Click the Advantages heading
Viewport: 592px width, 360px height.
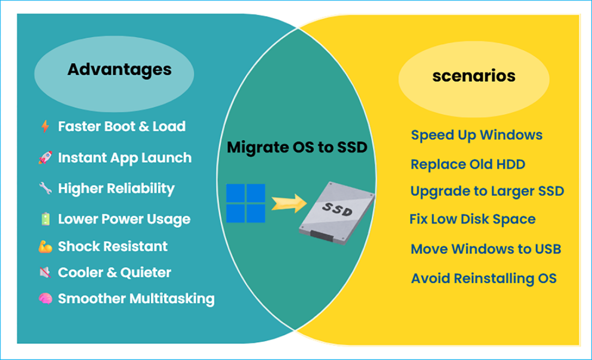[x=119, y=70]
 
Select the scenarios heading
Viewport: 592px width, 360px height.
[x=474, y=76]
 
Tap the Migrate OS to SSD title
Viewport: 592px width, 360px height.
[x=297, y=147]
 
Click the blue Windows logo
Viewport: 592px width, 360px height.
[x=246, y=203]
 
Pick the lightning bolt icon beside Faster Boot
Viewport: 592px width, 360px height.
[x=45, y=127]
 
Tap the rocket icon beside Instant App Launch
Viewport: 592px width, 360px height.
[x=45, y=158]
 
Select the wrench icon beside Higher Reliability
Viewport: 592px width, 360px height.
[x=45, y=188]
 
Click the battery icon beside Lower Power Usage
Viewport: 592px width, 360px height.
[x=45, y=219]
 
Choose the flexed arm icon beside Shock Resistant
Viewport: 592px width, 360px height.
[x=45, y=247]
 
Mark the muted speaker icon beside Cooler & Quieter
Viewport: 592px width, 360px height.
[x=45, y=273]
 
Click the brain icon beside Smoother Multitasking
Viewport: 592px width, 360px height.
[x=45, y=299]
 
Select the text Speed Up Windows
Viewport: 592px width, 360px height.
[x=477, y=135]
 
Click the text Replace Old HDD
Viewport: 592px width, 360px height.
[x=468, y=164]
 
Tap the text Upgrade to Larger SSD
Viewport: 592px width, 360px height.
[x=487, y=191]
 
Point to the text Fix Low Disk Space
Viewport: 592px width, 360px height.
[x=472, y=219]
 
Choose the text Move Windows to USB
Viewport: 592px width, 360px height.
[x=485, y=249]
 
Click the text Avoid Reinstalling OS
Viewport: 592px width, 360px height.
[x=483, y=279]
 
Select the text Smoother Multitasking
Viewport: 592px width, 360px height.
[x=136, y=299]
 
